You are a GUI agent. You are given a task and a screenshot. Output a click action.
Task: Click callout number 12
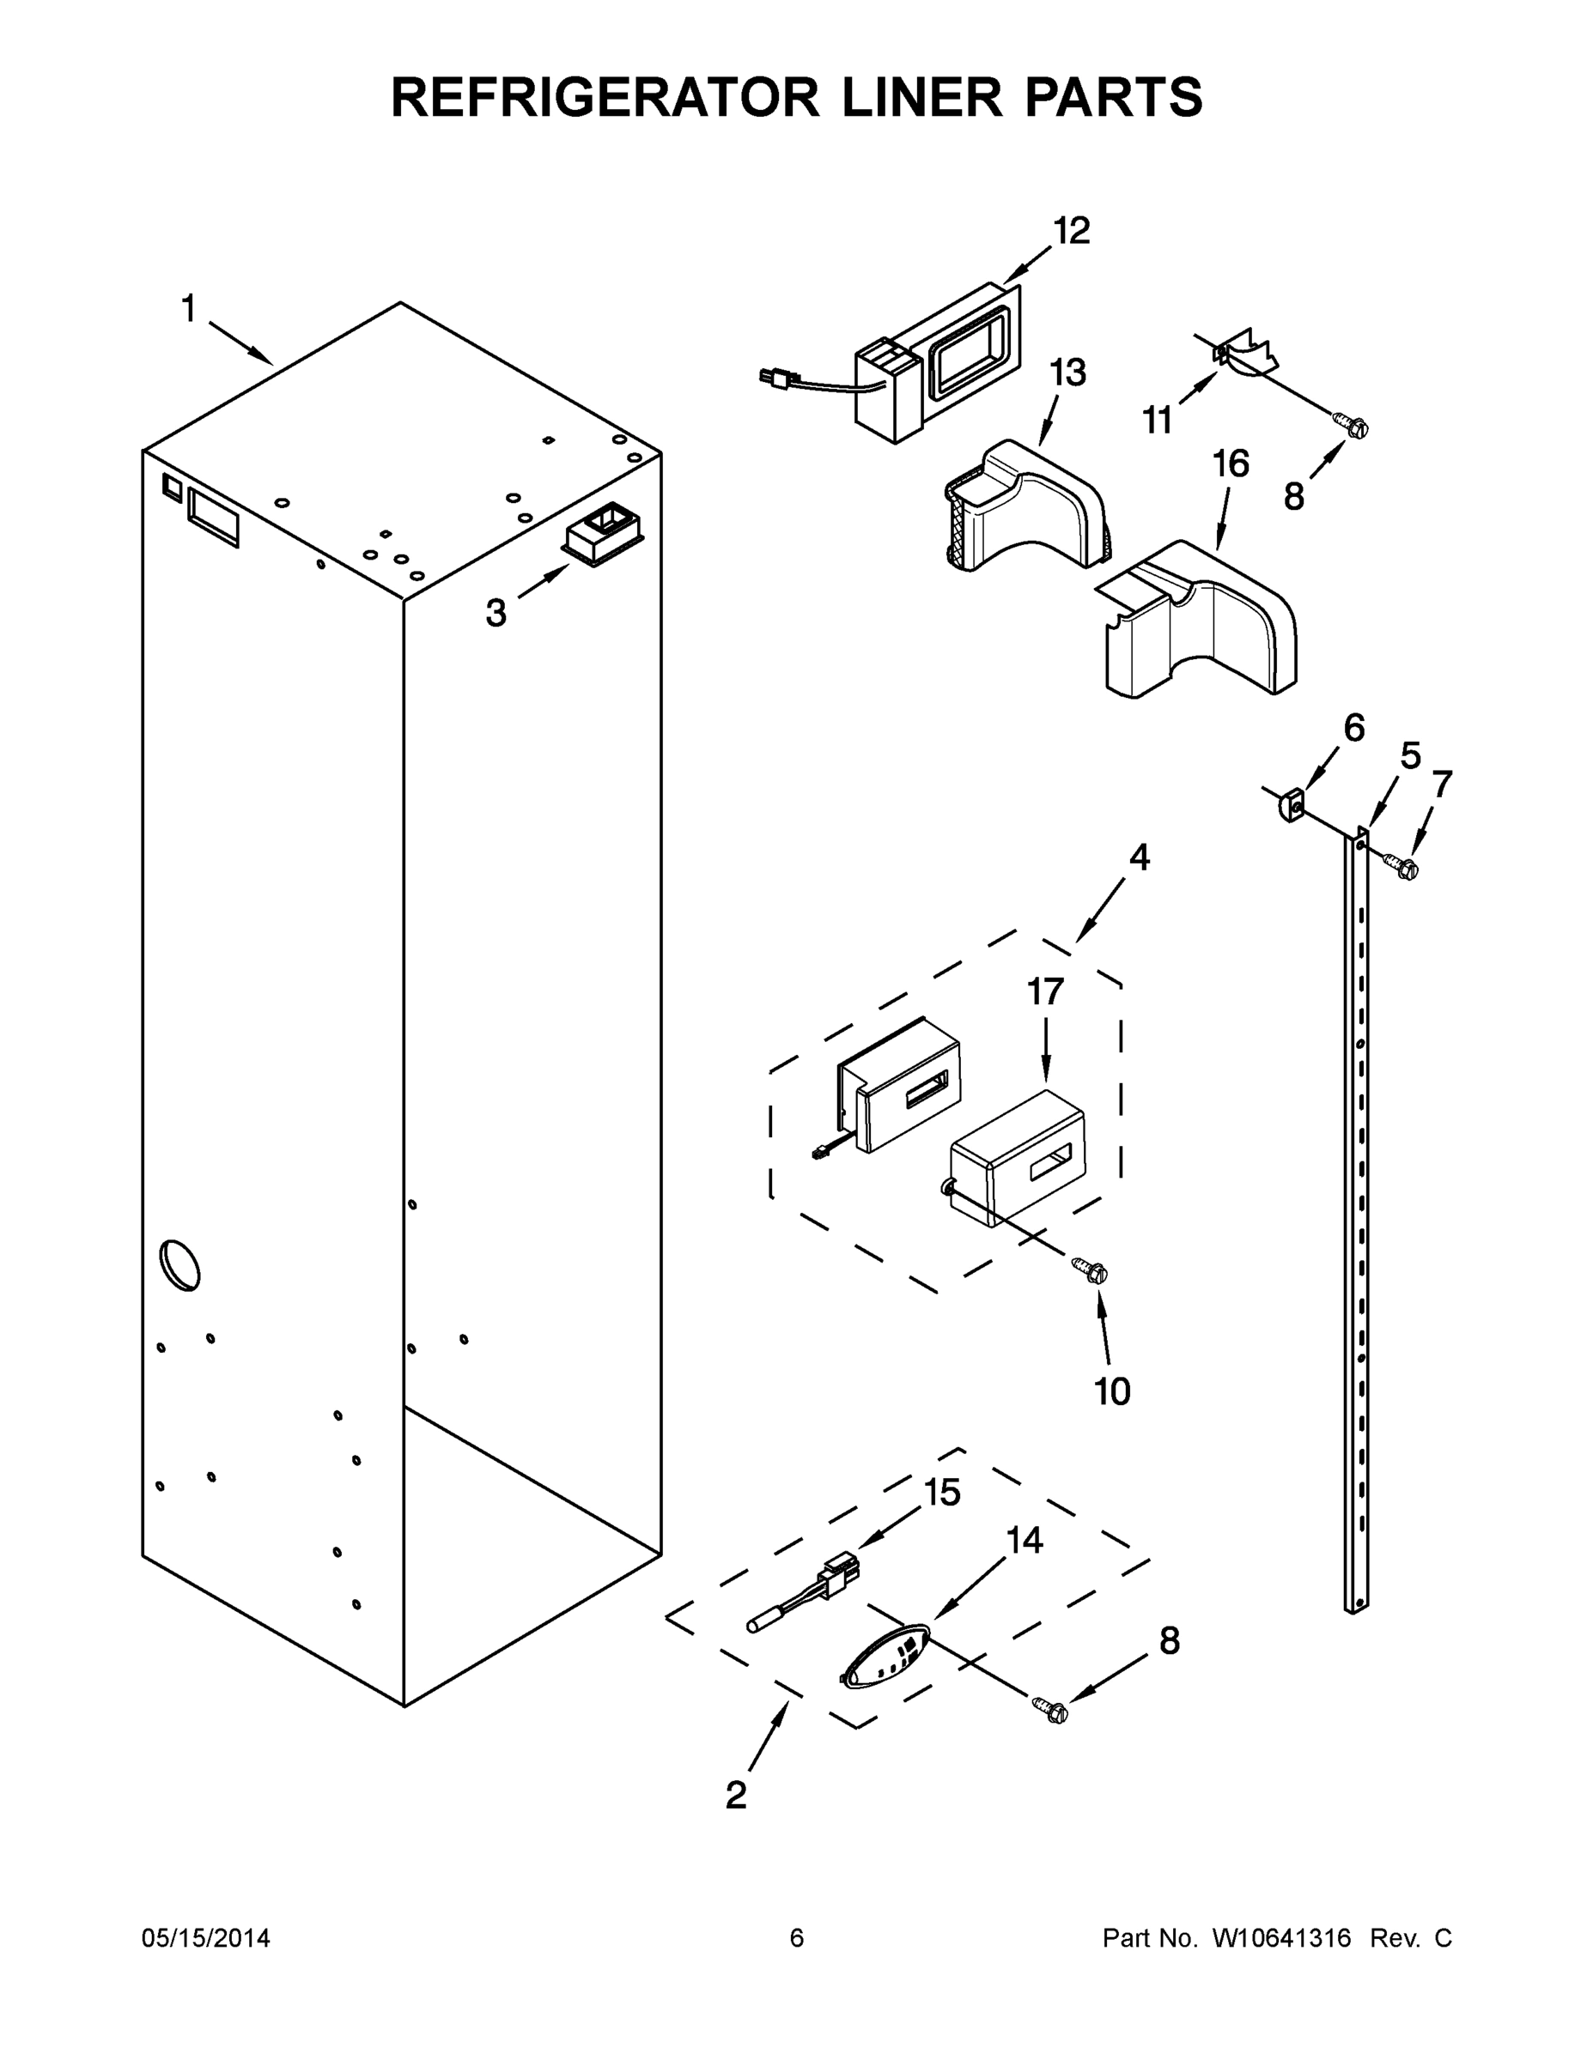(1071, 231)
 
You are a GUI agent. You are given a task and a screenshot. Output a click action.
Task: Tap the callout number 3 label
(496, 613)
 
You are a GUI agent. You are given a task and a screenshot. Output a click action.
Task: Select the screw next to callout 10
(1090, 1269)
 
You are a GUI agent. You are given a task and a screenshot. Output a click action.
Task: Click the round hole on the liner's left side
(179, 1265)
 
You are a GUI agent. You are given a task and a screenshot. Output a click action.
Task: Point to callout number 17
(1045, 991)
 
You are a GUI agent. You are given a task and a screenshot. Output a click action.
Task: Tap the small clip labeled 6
(1291, 807)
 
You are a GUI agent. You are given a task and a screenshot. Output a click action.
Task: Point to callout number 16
(1231, 464)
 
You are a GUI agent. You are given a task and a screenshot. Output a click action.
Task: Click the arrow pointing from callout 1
(240, 342)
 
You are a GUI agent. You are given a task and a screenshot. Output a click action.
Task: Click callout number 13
(1067, 373)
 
